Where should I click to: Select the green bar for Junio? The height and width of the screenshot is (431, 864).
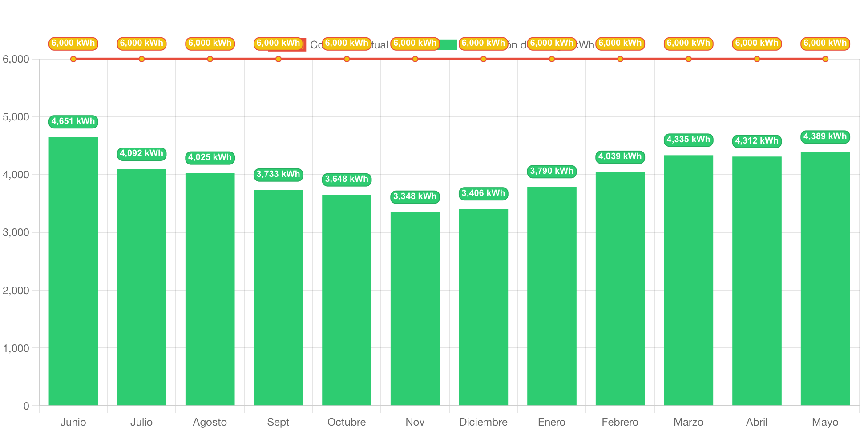coord(73,271)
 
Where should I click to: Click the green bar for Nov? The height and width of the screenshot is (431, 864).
coord(415,309)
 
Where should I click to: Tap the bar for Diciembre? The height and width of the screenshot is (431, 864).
coord(484,307)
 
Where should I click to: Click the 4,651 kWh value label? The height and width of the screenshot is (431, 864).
coord(73,121)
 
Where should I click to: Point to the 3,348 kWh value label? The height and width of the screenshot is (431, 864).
coord(415,196)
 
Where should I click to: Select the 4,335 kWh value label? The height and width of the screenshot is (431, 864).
coord(688,140)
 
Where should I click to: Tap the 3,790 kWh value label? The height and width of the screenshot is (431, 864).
coord(552,171)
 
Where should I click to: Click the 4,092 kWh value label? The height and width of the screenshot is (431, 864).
coord(141,153)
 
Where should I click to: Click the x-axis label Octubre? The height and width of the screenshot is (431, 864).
coord(347,422)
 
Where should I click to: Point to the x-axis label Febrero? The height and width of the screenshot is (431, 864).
coord(620,422)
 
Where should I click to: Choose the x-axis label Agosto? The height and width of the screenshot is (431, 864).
coord(210,422)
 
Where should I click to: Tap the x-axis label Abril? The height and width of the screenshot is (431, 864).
coord(757,422)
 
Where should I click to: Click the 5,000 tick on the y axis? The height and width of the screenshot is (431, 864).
coord(16,117)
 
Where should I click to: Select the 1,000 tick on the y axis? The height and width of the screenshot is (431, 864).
coord(16,348)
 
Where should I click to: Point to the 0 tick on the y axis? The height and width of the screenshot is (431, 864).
coord(26,406)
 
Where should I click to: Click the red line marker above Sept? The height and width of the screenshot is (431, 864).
coord(279,59)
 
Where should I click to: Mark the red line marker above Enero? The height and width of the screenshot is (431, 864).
coord(552,59)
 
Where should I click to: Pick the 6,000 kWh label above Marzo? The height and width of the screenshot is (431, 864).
coord(688,43)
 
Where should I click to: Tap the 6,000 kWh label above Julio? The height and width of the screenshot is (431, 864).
coord(141,43)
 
